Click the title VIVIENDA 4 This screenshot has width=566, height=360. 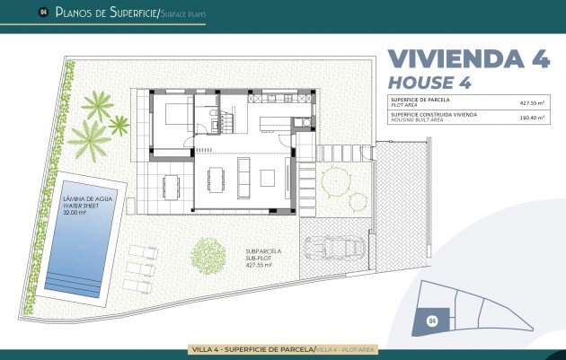coord(468,58)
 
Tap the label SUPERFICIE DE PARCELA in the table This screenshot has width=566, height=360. coord(419,100)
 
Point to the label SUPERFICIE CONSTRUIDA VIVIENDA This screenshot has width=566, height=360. coord(433,113)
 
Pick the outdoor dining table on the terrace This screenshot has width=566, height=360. coord(171,185)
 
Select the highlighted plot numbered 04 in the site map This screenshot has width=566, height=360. coord(433,319)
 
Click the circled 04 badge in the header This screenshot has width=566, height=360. coord(42,13)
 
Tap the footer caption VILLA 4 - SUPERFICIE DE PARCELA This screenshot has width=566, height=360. coord(252,348)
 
